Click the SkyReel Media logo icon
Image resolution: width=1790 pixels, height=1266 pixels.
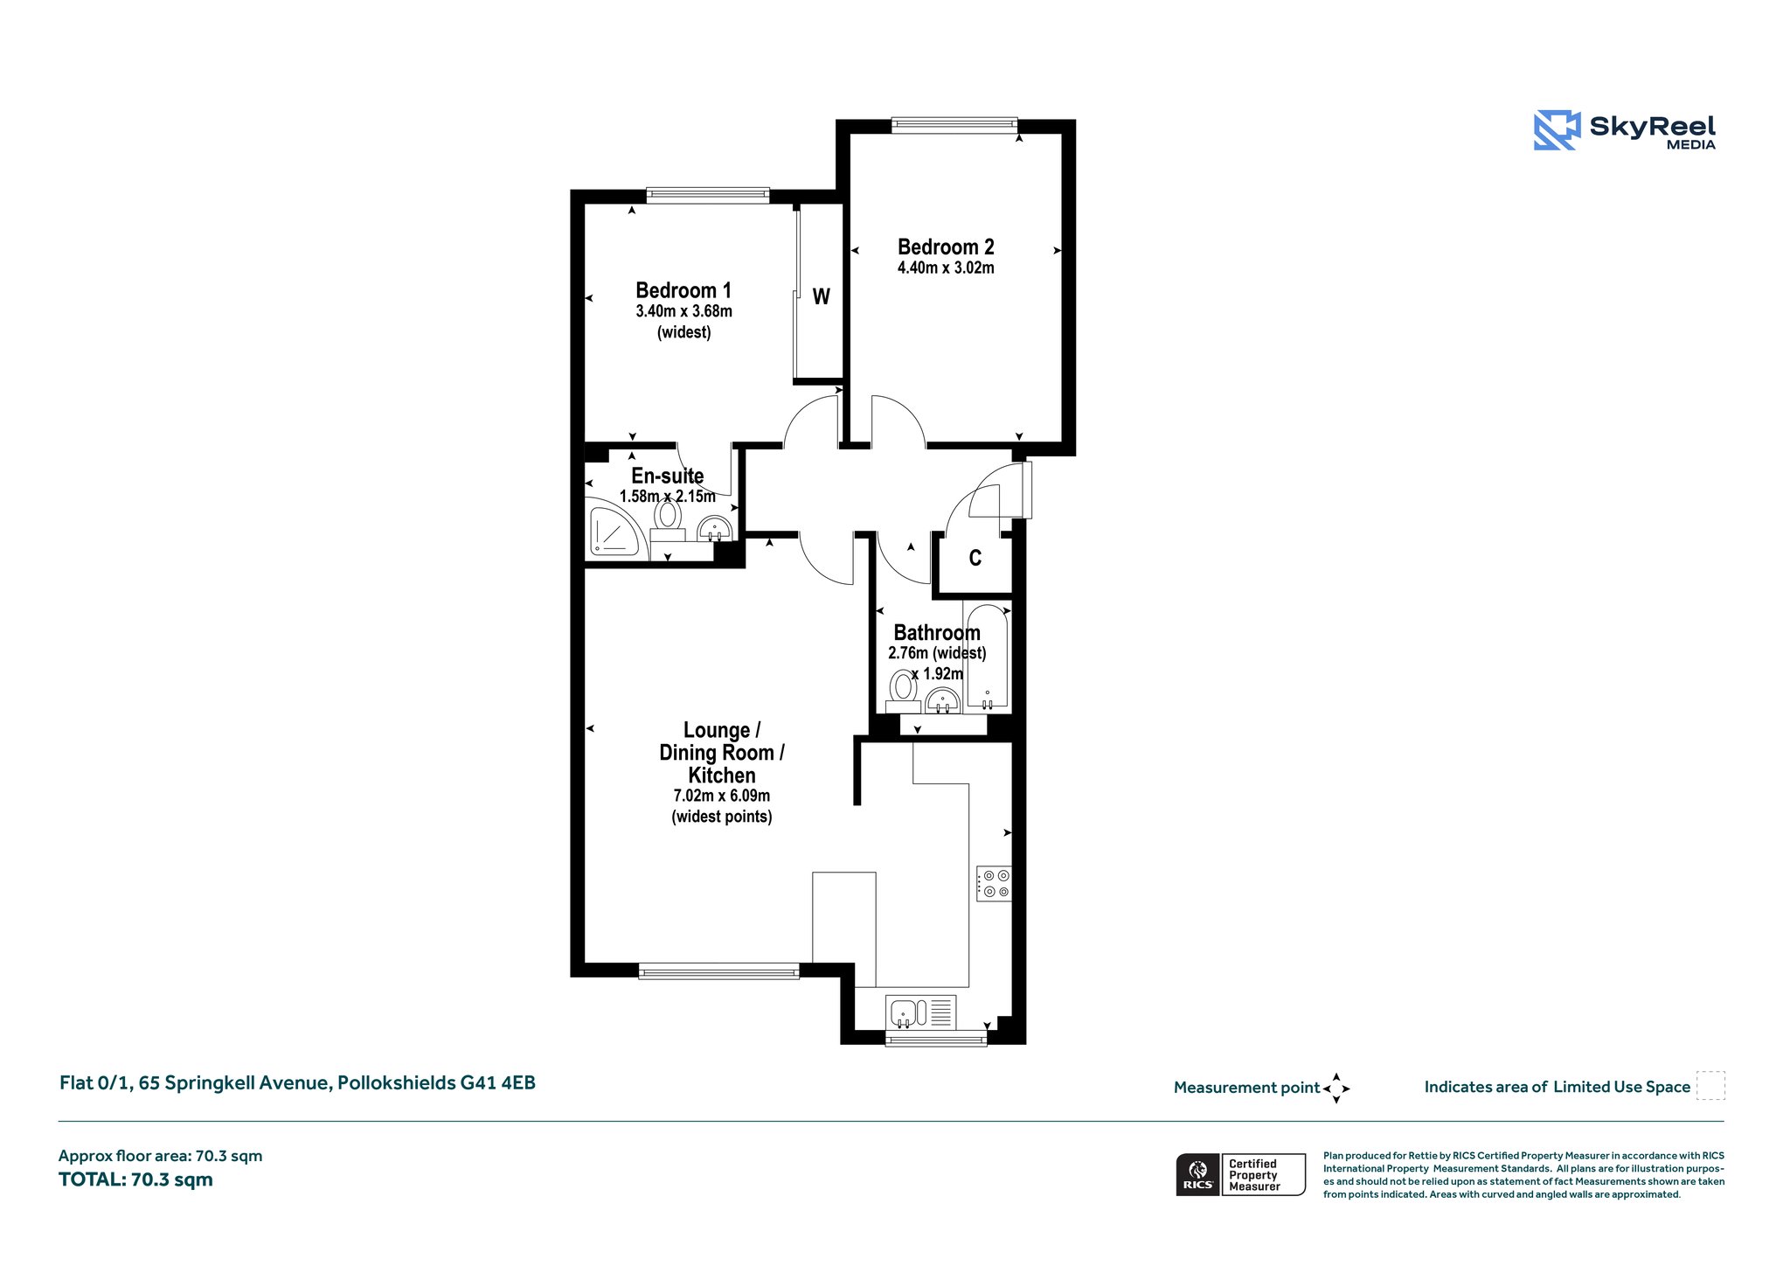[1557, 130]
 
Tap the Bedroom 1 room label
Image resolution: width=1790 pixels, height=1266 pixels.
[683, 290]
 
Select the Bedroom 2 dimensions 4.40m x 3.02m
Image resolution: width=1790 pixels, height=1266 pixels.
[946, 268]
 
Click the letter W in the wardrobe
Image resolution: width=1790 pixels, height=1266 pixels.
[821, 297]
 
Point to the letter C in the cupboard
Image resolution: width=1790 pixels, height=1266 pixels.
[975, 558]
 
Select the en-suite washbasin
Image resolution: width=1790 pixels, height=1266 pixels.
[715, 529]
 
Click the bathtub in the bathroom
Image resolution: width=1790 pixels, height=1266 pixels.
[988, 655]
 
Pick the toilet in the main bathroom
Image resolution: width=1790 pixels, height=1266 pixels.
[903, 692]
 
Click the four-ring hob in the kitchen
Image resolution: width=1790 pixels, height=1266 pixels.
[994, 883]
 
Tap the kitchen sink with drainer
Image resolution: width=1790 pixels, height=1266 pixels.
[920, 1012]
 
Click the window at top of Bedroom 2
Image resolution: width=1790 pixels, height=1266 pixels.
[954, 126]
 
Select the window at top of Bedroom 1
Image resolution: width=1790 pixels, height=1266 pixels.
[708, 196]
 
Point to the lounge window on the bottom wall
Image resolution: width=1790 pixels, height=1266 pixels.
[719, 970]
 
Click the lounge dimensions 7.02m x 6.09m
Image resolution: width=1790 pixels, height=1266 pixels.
[722, 796]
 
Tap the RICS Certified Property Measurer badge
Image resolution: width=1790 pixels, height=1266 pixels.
[1241, 1175]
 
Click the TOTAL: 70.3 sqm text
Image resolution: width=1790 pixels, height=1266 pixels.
[135, 1179]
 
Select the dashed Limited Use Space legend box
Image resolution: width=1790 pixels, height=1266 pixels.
[1710, 1086]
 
